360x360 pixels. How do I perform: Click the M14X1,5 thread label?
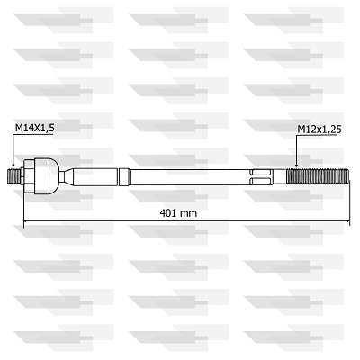point(34,129)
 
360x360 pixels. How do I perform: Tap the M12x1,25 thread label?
point(319,129)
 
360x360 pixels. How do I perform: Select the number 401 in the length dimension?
point(166,212)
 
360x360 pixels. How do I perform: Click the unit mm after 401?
point(188,212)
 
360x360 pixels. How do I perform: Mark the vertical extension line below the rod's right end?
point(349,202)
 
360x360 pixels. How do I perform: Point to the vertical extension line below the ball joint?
point(23,202)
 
